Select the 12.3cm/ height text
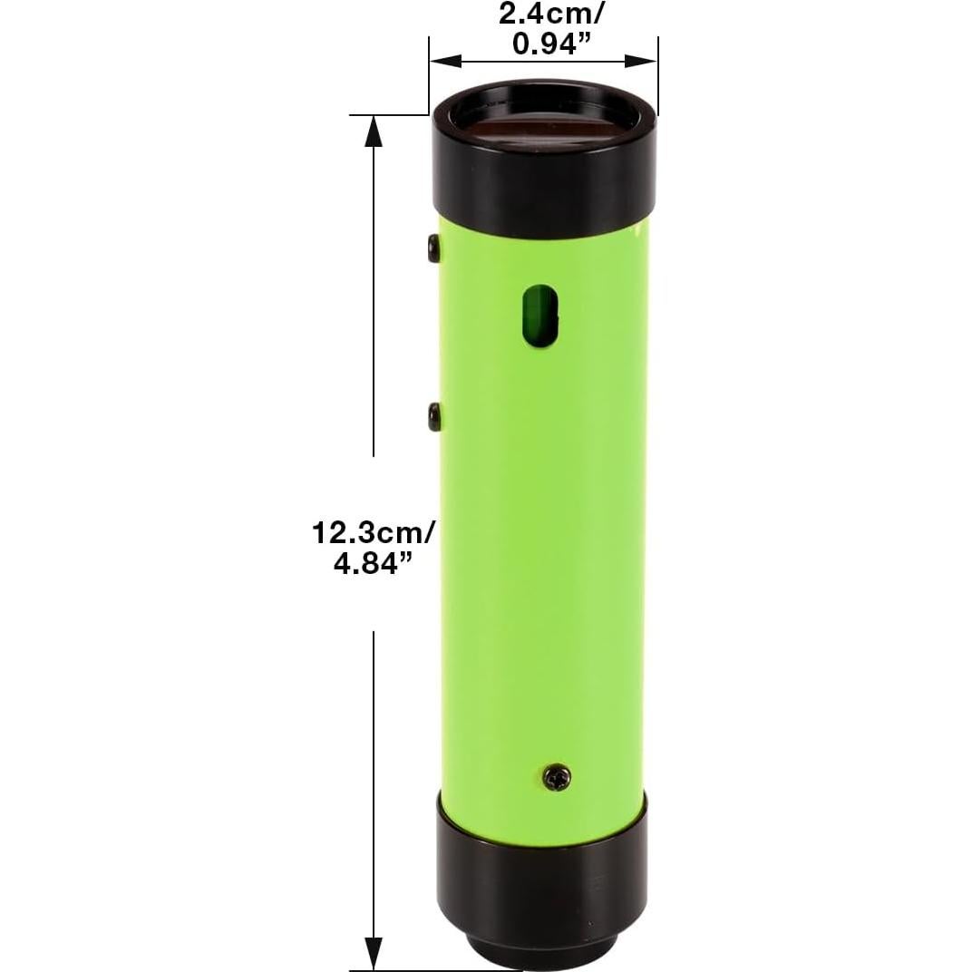tap(374, 531)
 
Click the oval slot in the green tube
tap(542, 317)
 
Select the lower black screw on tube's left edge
tap(433, 416)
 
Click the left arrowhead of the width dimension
tap(444, 62)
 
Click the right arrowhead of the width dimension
tap(643, 62)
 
